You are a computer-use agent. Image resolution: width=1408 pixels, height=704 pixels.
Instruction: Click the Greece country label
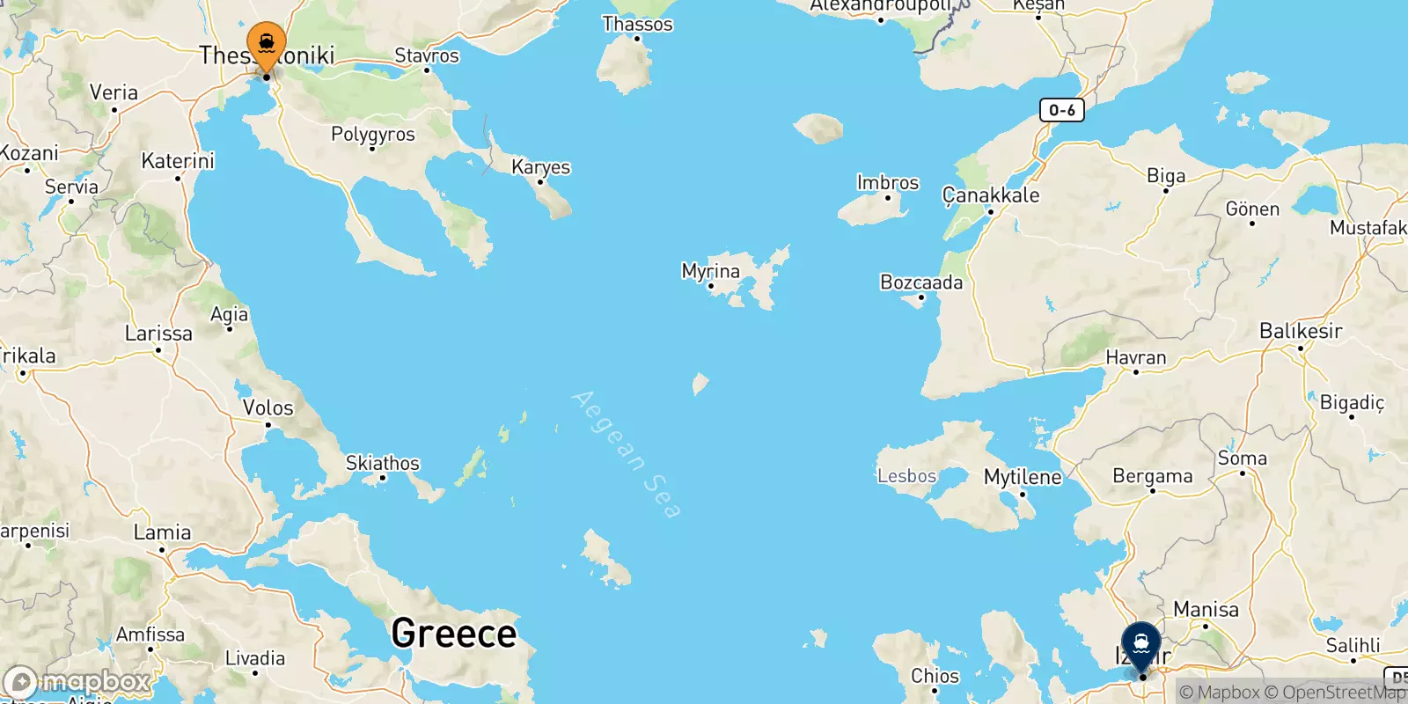453,633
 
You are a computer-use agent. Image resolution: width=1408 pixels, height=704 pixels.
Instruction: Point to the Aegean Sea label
626,454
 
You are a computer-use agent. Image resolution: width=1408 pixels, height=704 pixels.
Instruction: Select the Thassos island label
637,24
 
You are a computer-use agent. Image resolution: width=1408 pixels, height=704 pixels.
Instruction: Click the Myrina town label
710,271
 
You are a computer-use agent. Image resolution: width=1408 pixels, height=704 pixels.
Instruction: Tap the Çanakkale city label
991,194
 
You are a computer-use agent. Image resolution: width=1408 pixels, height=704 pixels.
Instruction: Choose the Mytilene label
1022,477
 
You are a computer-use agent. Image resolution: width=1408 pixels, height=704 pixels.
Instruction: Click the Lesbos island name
906,476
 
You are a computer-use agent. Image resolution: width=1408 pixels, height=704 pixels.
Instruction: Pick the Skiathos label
382,463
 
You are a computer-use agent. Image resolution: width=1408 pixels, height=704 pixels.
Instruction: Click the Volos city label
268,407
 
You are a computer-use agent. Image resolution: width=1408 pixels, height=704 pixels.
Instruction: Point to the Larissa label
158,334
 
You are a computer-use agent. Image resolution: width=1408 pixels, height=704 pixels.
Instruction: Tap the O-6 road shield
1061,110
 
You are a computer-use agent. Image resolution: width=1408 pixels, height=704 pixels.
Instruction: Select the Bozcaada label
921,282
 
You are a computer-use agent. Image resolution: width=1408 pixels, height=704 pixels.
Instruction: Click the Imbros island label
887,182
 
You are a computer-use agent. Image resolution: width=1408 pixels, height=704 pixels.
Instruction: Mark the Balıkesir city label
1301,331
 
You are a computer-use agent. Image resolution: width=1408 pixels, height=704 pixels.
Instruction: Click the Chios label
935,676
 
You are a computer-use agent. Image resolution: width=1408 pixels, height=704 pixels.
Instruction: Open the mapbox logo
77,682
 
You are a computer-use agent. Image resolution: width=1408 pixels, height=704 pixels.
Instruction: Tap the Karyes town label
540,167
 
